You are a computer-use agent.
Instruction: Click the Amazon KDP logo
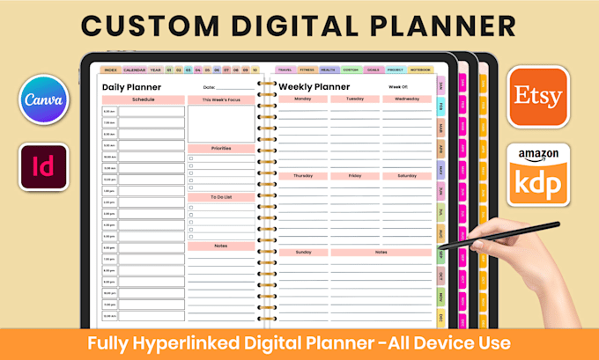tap(539, 176)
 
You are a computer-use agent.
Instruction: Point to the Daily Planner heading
tap(131, 87)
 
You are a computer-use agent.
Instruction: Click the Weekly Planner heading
tap(314, 87)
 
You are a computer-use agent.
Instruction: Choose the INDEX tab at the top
tap(110, 69)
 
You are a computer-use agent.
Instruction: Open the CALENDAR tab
tap(134, 69)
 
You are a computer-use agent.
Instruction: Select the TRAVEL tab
tap(285, 69)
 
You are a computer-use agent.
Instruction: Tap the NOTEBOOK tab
tap(421, 69)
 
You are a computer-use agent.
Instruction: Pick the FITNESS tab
tap(307, 69)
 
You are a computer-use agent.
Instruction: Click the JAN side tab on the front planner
tap(440, 86)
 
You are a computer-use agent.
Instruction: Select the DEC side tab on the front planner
tap(440, 317)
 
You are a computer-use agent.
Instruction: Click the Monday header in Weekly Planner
tap(302, 99)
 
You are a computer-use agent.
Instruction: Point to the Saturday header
tap(407, 176)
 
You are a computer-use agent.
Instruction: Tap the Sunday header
tap(302, 252)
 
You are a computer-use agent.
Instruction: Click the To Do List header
tap(221, 198)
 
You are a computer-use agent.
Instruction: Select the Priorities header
tap(221, 149)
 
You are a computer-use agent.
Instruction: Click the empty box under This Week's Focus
tap(221, 124)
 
